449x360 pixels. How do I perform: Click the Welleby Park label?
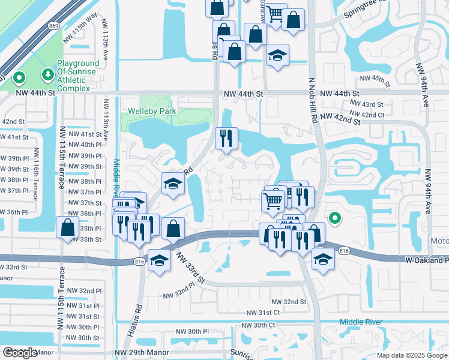(151, 111)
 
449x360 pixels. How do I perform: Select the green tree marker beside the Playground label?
(47, 74)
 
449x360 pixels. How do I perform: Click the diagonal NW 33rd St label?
(191, 268)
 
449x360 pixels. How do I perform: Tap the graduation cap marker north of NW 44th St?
(277, 55)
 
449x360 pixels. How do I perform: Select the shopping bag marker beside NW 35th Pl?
(67, 227)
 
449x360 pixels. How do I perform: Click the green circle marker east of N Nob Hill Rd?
(335, 218)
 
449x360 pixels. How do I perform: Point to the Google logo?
(20, 353)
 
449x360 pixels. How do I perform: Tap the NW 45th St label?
(375, 79)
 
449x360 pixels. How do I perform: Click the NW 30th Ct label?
(258, 325)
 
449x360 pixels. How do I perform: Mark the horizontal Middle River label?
(361, 322)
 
